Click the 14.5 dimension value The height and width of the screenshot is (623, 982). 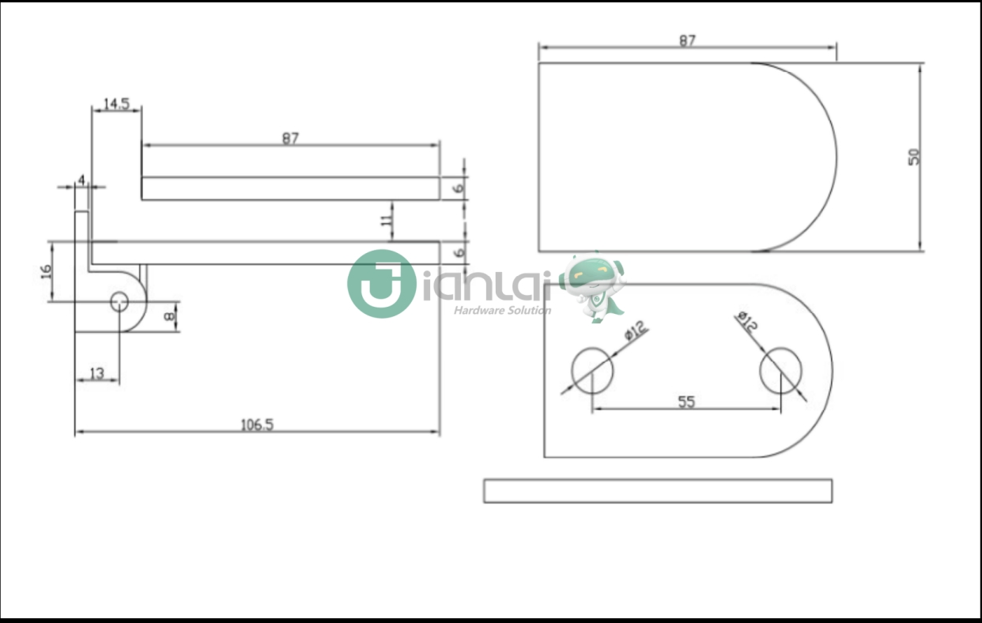pos(116,104)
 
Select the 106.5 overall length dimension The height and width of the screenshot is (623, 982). pos(257,425)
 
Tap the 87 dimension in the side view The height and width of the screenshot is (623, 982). pos(290,138)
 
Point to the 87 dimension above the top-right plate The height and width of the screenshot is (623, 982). pos(687,41)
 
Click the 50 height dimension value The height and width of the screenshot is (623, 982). pos(914,157)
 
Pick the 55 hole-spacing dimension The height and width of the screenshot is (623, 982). pos(686,402)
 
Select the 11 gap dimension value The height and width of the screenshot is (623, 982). pos(387,221)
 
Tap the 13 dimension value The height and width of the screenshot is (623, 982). pos(96,373)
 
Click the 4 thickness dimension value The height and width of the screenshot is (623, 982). pos(81,180)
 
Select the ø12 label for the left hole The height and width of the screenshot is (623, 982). pos(635,330)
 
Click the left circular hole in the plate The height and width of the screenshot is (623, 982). pos(592,370)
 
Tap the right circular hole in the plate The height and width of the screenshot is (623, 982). pos(780,370)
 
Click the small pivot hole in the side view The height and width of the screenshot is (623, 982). pos(120,301)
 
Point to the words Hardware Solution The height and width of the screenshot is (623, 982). pos(502,310)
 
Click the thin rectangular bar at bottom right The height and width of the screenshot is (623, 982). pos(657,490)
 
